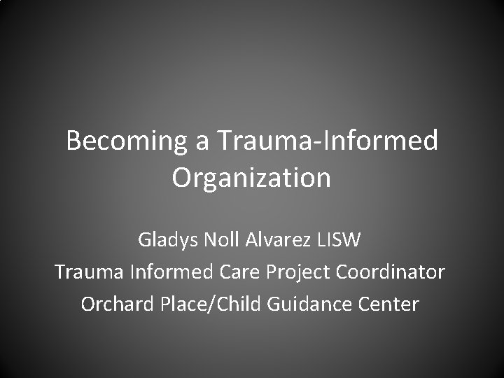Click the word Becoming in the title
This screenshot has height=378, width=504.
[123, 141]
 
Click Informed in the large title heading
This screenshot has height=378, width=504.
[379, 141]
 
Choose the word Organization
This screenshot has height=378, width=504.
[251, 178]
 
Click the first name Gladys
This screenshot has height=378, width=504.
[168, 240]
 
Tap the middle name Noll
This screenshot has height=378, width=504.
[221, 240]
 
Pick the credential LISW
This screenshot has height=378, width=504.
[339, 240]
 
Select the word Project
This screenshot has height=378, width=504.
[293, 272]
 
